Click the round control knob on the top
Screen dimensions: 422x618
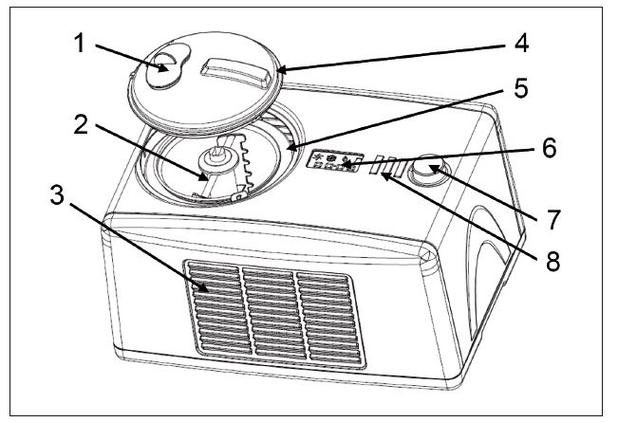(x=431, y=172)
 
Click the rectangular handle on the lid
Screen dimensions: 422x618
(x=233, y=69)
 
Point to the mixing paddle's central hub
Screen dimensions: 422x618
(x=221, y=148)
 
